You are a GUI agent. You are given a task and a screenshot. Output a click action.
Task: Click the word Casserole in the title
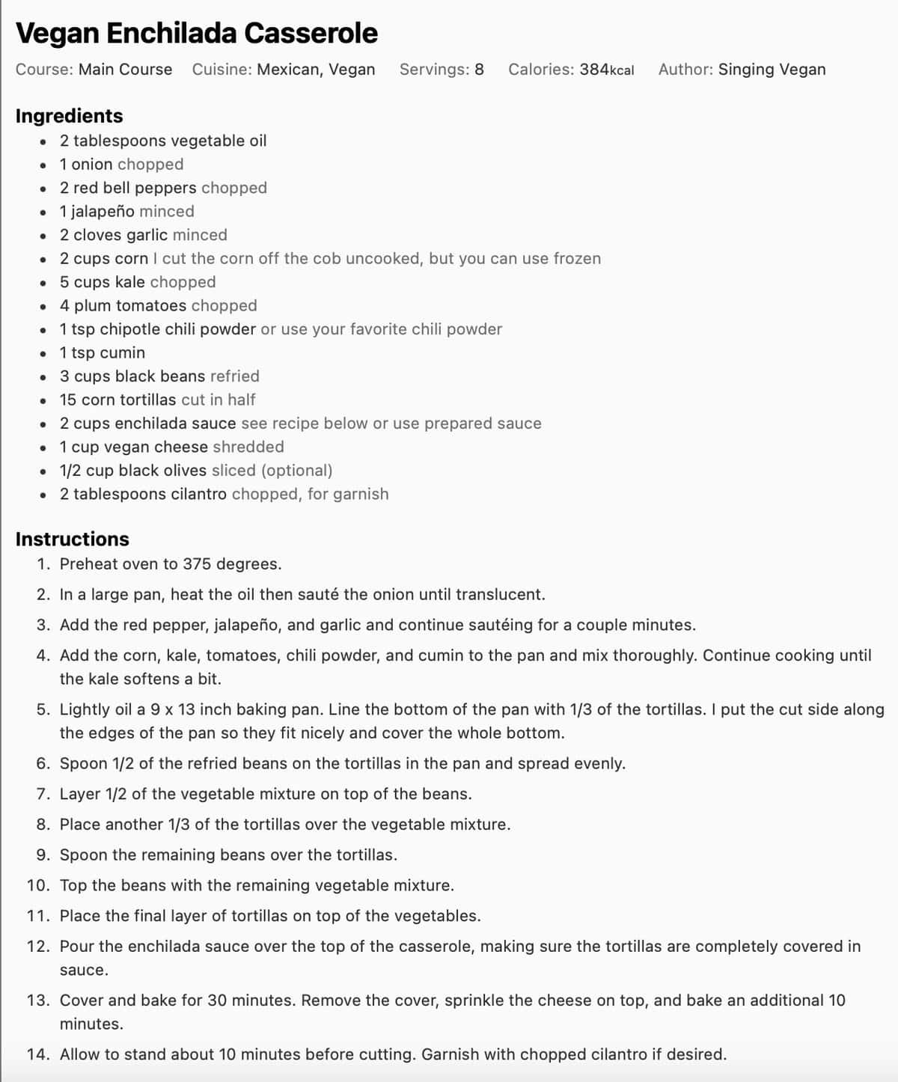(x=311, y=34)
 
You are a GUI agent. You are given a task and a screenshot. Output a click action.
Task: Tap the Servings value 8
(x=479, y=70)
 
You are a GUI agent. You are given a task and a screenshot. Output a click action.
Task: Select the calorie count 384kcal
(x=606, y=70)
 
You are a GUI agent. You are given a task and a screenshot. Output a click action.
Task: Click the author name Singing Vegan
(x=772, y=70)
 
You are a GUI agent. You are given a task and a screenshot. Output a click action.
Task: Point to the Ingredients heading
(x=69, y=116)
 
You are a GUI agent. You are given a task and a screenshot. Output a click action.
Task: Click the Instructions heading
(x=72, y=540)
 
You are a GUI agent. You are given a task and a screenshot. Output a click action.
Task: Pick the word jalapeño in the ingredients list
(x=103, y=212)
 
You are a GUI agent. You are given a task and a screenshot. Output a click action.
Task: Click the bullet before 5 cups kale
(x=44, y=283)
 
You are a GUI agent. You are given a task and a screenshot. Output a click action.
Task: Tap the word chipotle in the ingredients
(x=129, y=329)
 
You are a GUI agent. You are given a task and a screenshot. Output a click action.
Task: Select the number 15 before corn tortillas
(x=68, y=400)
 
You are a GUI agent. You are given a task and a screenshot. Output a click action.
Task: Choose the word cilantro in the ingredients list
(x=197, y=495)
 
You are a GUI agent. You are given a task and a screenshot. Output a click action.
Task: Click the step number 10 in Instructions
(x=37, y=886)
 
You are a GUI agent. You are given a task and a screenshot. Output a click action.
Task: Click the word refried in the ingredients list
(x=235, y=376)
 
